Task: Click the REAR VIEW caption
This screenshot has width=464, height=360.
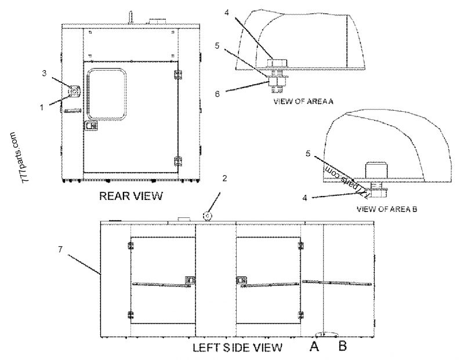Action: (x=131, y=196)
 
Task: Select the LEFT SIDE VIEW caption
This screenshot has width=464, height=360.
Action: (x=237, y=348)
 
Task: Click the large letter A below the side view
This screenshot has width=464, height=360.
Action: (x=314, y=347)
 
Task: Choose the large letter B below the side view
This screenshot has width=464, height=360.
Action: (x=342, y=347)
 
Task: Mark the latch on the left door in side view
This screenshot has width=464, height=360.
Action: (x=188, y=281)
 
